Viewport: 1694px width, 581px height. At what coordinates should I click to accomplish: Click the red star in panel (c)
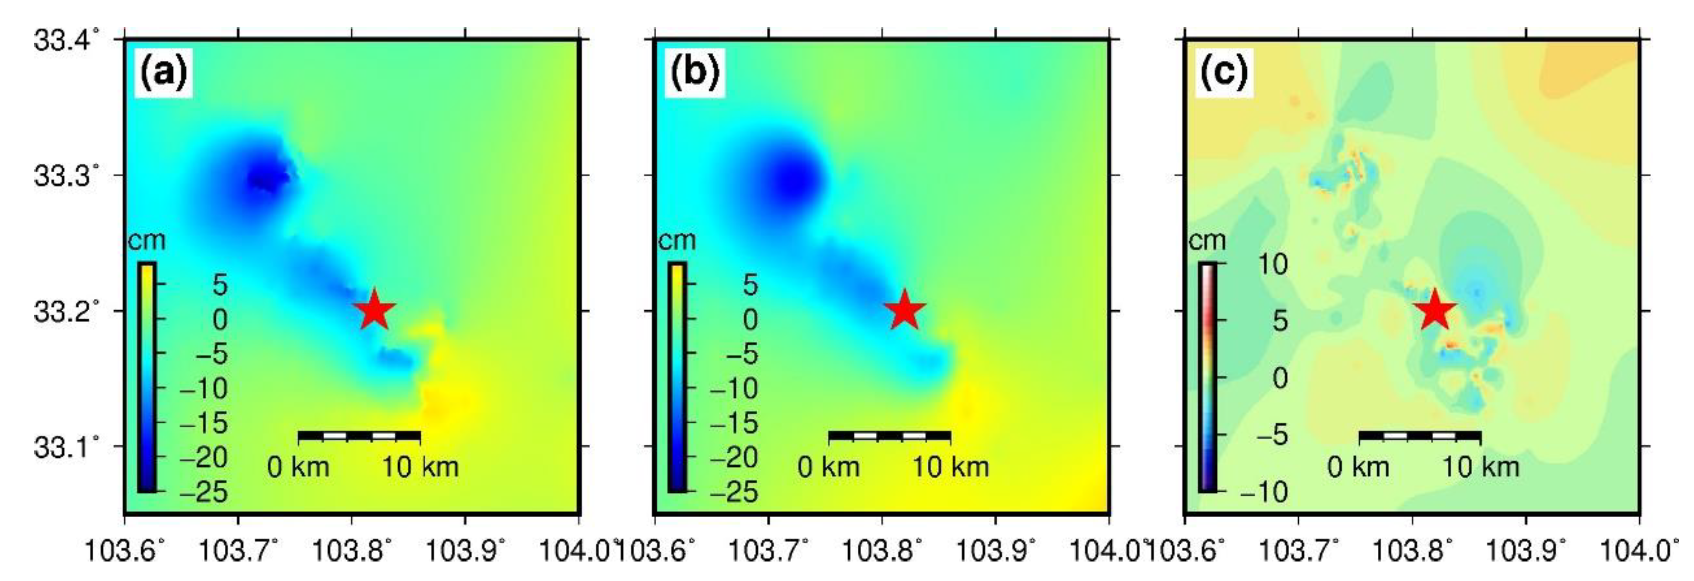tap(1434, 310)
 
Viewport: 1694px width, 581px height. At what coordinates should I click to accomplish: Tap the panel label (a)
tap(163, 73)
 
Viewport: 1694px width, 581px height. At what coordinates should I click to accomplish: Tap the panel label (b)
tap(694, 73)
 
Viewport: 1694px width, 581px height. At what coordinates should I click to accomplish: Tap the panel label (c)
tap(1224, 73)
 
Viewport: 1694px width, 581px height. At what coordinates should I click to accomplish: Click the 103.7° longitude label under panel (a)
tap(238, 551)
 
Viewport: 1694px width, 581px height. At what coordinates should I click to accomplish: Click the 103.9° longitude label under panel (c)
tap(1525, 551)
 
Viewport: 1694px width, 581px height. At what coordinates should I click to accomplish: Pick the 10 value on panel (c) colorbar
tap(1272, 265)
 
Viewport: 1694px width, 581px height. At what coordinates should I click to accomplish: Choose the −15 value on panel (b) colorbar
tap(733, 423)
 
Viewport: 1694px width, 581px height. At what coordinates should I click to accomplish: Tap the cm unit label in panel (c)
tap(1207, 241)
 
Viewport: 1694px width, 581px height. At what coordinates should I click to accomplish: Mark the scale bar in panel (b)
tap(889, 435)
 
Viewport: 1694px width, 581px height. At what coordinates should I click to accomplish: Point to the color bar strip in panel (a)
tap(147, 377)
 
